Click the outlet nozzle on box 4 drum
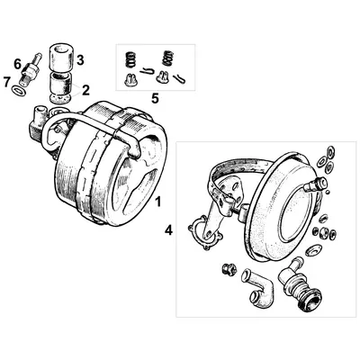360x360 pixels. click(316, 185)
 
